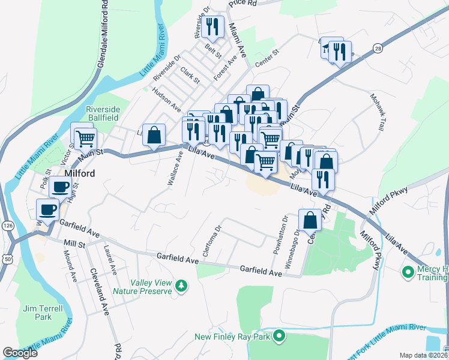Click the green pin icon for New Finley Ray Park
[278, 337]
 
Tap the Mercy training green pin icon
[408, 272]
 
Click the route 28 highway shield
[377, 47]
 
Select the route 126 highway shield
[7, 225]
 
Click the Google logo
[20, 353]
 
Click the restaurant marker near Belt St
[212, 26]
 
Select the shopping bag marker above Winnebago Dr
[310, 220]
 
